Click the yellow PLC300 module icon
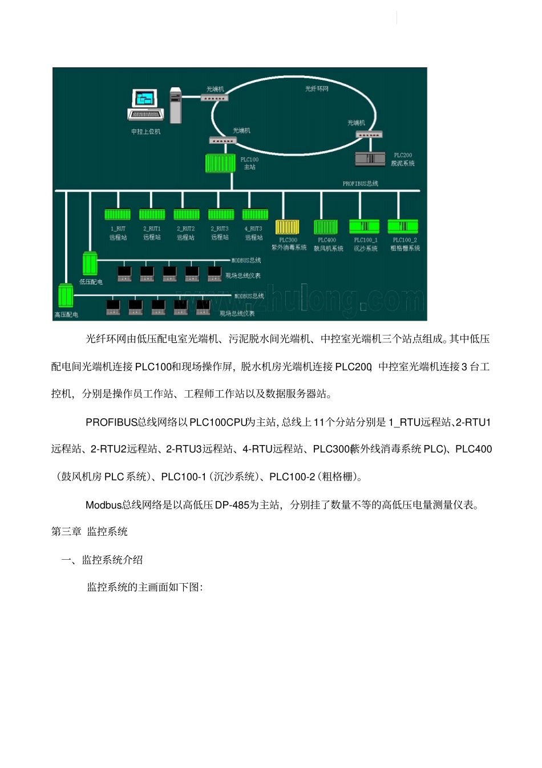click(x=288, y=227)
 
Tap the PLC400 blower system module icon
click(x=326, y=227)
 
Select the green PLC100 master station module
click(x=220, y=163)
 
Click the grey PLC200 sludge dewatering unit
click(x=370, y=159)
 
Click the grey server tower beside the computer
click(x=175, y=106)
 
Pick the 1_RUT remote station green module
click(x=118, y=215)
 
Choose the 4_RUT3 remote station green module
click(x=255, y=215)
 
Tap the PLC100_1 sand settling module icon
click(x=364, y=227)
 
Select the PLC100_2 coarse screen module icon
click(x=403, y=227)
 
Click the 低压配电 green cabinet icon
click(x=90, y=264)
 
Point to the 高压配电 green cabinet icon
click(x=66, y=296)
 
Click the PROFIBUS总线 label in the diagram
click(x=360, y=184)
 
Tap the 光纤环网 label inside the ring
click(x=317, y=88)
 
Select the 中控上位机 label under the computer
click(x=146, y=132)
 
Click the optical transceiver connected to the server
click(x=215, y=98)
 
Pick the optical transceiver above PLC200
click(x=369, y=135)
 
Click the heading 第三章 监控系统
click(x=90, y=532)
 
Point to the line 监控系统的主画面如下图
click(x=145, y=587)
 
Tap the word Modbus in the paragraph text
click(x=103, y=505)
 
